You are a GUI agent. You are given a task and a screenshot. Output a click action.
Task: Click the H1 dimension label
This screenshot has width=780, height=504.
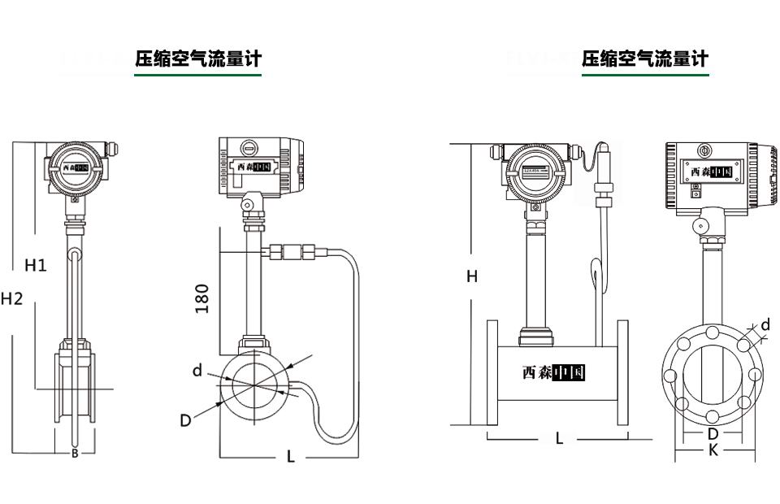(x=36, y=265)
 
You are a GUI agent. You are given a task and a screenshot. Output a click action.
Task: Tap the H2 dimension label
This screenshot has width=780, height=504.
(x=12, y=298)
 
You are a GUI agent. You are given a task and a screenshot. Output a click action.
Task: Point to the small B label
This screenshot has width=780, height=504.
(x=75, y=454)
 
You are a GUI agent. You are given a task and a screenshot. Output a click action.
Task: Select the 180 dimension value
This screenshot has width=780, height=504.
(x=202, y=298)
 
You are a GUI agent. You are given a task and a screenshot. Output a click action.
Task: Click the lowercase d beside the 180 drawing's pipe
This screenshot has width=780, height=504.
(x=197, y=371)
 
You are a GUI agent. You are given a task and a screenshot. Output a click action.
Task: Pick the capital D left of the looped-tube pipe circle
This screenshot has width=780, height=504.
(x=185, y=420)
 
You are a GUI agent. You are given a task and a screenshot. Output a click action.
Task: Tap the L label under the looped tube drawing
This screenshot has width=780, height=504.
(x=290, y=457)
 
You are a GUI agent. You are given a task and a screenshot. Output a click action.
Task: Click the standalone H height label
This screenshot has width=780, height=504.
(x=472, y=276)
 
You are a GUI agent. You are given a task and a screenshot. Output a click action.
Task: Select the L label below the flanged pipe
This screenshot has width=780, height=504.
(x=559, y=438)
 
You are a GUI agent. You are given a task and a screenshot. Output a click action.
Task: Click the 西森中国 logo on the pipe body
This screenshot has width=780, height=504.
(x=554, y=372)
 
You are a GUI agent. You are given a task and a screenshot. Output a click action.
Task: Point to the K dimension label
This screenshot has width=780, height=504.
(x=713, y=450)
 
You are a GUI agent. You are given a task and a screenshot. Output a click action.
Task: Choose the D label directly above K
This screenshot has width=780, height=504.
(x=713, y=434)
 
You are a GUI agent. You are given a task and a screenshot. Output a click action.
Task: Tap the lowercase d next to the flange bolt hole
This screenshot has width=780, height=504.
(x=765, y=325)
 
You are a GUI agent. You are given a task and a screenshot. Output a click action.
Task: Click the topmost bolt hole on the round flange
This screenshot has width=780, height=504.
(x=712, y=332)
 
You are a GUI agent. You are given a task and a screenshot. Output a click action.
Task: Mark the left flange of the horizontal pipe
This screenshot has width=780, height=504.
(x=492, y=372)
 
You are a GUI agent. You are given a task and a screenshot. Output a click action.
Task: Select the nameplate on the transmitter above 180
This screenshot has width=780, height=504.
(x=253, y=167)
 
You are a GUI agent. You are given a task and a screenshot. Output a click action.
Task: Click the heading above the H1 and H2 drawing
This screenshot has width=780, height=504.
(x=198, y=59)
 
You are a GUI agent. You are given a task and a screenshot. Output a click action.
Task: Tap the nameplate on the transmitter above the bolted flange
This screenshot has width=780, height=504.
(x=709, y=172)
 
